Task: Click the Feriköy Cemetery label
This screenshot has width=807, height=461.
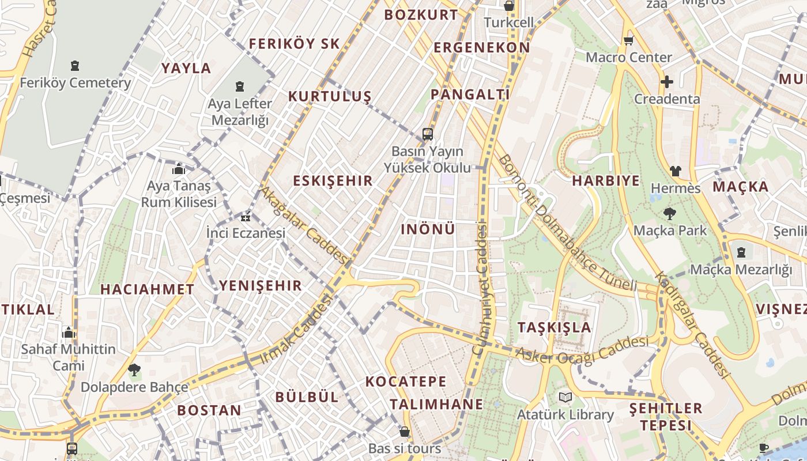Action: pos(76,83)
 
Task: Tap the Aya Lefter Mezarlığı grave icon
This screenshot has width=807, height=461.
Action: pos(240,87)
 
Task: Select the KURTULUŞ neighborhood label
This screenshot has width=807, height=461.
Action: pos(330,96)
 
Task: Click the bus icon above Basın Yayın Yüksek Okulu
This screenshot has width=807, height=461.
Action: pos(427,134)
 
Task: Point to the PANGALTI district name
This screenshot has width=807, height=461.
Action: pos(470,95)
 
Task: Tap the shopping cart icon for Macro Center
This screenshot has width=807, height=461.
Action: pos(628,40)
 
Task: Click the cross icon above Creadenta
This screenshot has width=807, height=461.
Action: pos(667,82)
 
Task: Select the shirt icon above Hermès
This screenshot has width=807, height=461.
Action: pos(675,171)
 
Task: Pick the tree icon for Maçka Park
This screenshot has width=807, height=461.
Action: pos(670,214)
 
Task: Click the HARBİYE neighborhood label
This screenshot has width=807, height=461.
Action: pos(606,180)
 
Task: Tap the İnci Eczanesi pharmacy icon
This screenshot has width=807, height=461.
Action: pos(246,217)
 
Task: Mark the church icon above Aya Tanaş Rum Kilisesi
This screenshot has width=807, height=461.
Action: pos(179,169)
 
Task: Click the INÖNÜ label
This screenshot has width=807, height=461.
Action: pos(428,229)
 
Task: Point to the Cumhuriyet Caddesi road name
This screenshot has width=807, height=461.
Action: pos(481,288)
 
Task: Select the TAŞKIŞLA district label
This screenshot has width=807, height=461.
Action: pos(555,327)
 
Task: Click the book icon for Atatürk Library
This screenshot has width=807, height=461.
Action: pos(565,398)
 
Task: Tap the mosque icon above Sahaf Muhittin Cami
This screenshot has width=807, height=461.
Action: pos(69,332)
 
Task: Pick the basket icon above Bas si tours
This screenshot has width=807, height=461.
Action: pos(405,432)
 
